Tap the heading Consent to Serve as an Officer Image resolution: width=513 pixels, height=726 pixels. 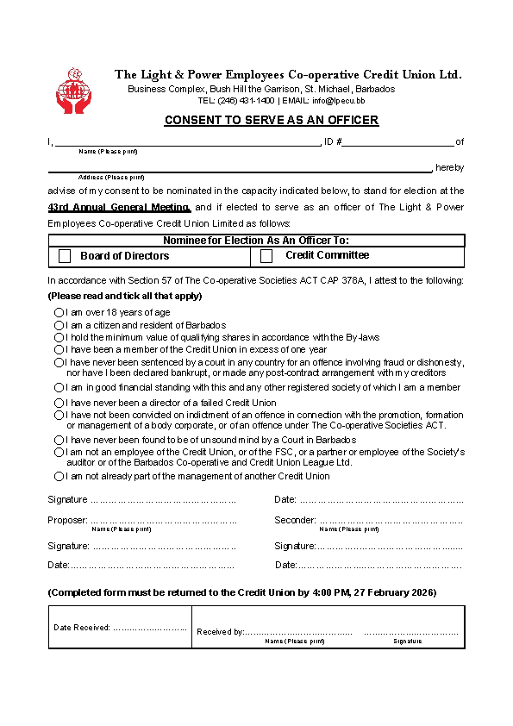(272, 120)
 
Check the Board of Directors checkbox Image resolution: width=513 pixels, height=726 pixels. (65, 256)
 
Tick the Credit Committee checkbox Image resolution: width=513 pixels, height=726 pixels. (266, 256)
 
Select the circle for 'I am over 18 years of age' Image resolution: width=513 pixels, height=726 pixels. (59, 312)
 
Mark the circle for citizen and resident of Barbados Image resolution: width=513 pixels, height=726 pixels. (59, 325)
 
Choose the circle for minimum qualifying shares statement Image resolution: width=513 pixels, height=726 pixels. (59, 337)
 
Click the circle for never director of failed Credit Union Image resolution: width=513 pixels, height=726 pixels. (59, 403)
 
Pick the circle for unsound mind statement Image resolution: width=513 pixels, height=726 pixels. (59, 440)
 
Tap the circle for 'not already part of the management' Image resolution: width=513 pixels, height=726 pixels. (59, 476)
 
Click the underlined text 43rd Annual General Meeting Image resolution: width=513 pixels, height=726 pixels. (119, 208)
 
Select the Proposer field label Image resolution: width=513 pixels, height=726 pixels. (67, 520)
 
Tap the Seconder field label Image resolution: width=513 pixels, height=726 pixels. (295, 520)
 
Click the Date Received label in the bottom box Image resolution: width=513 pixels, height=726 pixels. (82, 628)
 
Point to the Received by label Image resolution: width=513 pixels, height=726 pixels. (220, 632)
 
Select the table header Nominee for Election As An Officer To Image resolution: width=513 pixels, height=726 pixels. (256, 241)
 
